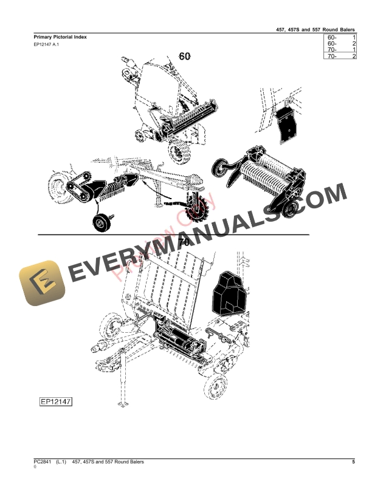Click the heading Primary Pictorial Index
tap(60, 37)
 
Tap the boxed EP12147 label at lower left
tap(56, 401)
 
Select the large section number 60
tap(185, 56)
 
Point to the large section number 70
tap(184, 242)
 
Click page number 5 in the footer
tap(353, 462)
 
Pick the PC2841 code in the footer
tap(43, 462)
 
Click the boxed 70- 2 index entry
tap(340, 56)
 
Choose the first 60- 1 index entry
tap(340, 38)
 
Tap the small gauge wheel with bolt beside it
tap(101, 222)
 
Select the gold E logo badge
tap(43, 283)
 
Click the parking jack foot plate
tap(123, 404)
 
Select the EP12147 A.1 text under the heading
tap(46, 44)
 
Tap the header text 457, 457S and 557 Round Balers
tap(315, 30)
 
